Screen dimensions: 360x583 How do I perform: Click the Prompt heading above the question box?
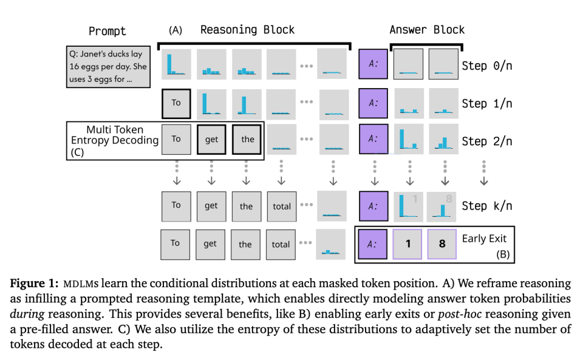(107, 31)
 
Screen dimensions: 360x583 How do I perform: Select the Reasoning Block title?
(247, 30)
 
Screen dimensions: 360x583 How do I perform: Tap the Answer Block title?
(427, 30)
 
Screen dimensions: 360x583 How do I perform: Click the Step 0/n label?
(486, 66)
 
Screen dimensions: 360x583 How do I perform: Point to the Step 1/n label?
(486, 103)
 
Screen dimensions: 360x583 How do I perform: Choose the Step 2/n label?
(486, 141)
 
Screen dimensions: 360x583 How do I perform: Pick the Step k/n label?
(486, 205)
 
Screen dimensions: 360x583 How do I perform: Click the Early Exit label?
(484, 239)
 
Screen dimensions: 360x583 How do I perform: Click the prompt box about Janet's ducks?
(108, 66)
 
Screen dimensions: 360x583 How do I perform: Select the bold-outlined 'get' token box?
(211, 139)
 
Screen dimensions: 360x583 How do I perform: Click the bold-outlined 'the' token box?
(247, 139)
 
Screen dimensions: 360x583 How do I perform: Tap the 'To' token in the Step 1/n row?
(176, 103)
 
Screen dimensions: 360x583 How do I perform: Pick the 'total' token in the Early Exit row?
(281, 244)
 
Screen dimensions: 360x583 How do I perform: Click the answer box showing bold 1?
(408, 243)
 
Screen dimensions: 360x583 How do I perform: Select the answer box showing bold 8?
(442, 243)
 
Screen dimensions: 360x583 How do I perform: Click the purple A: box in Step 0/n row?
(373, 64)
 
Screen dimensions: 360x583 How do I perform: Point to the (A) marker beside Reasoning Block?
(176, 30)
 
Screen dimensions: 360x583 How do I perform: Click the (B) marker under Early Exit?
(503, 254)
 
